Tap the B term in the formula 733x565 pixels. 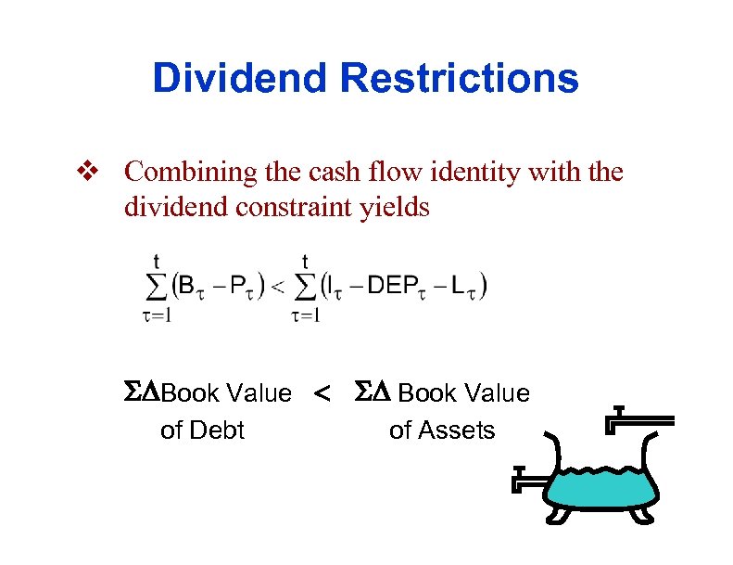pos(186,286)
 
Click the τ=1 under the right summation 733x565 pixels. pos(306,316)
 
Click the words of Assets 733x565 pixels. pos(442,430)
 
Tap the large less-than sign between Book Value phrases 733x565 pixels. pos(322,396)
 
